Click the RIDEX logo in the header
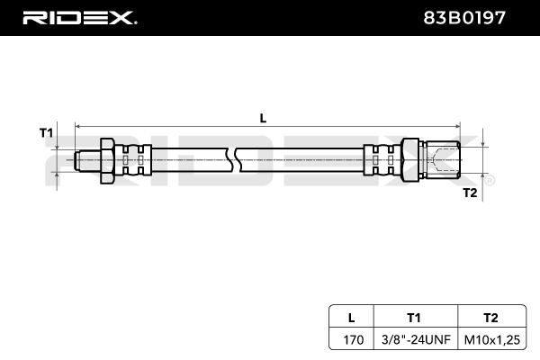79,18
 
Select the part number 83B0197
464,18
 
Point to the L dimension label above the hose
263,119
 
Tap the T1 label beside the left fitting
47,132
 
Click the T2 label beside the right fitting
470,193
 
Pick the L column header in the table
351,318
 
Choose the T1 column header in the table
414,318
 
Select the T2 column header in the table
490,318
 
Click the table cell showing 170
354,340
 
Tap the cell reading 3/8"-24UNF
416,340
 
